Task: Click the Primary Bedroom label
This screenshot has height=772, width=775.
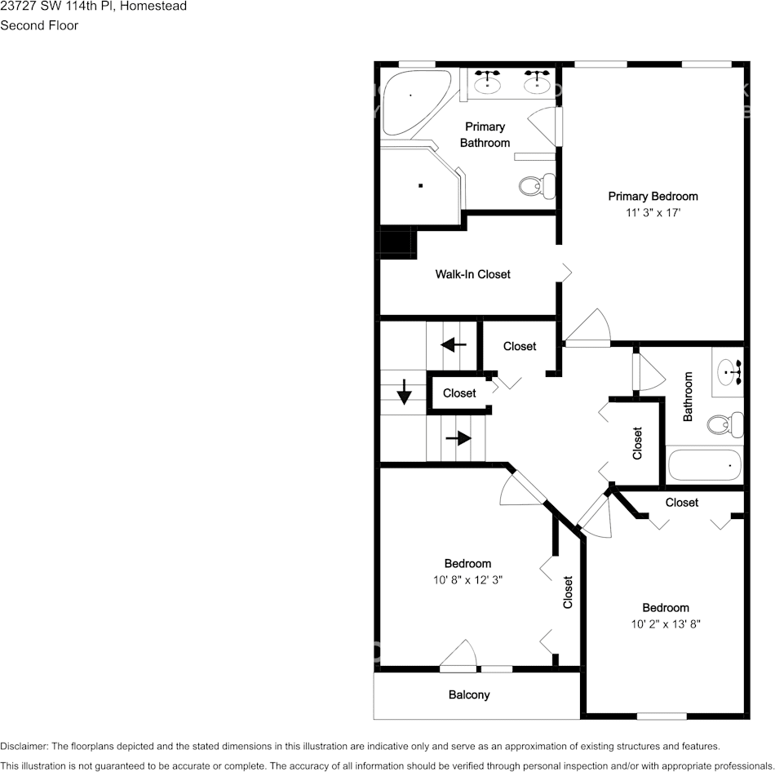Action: tap(653, 196)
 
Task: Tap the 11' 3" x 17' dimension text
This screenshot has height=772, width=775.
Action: tap(653, 213)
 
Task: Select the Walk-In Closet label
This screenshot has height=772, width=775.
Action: tap(472, 274)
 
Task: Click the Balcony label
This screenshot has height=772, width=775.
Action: tap(469, 694)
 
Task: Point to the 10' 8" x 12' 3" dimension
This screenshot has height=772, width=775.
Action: tap(467, 580)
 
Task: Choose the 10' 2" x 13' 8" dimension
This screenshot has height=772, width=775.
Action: tap(666, 624)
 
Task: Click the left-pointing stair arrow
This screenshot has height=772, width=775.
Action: tap(453, 344)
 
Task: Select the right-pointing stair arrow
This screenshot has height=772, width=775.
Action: tap(458, 438)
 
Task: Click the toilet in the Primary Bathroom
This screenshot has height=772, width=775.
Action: tap(534, 186)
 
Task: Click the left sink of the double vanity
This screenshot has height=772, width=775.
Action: tap(489, 82)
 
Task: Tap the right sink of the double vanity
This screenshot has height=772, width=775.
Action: tap(536, 82)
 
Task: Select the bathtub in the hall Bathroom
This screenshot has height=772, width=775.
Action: tap(705, 465)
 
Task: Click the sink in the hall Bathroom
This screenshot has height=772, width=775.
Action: tap(728, 373)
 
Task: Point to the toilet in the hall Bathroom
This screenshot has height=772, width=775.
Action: tap(724, 424)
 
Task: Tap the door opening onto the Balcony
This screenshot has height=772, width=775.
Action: tap(458, 658)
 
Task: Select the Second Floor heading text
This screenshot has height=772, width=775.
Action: tap(39, 25)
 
